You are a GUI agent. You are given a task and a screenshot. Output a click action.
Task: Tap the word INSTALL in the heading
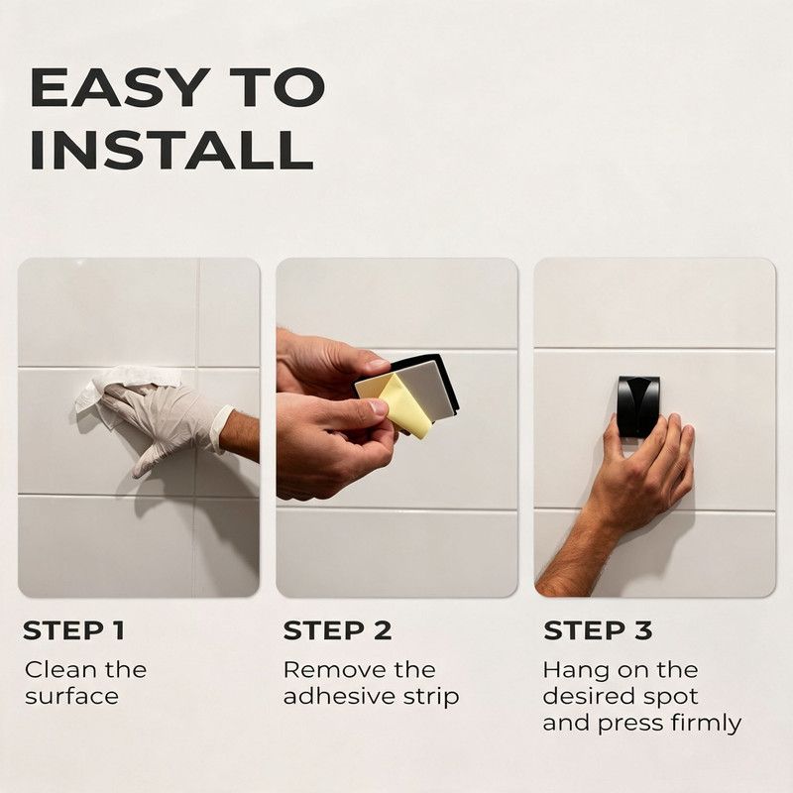(171, 150)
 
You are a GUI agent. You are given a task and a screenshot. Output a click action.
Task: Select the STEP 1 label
(73, 630)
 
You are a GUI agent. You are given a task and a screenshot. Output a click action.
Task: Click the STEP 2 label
(337, 630)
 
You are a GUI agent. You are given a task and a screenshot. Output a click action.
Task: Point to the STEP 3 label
(598, 630)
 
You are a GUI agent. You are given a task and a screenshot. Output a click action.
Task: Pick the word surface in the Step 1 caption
(71, 697)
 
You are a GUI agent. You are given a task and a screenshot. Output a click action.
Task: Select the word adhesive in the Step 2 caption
(339, 697)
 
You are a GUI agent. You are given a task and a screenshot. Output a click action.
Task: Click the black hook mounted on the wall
(638, 405)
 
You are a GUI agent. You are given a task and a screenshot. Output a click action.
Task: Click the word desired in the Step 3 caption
(580, 697)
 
